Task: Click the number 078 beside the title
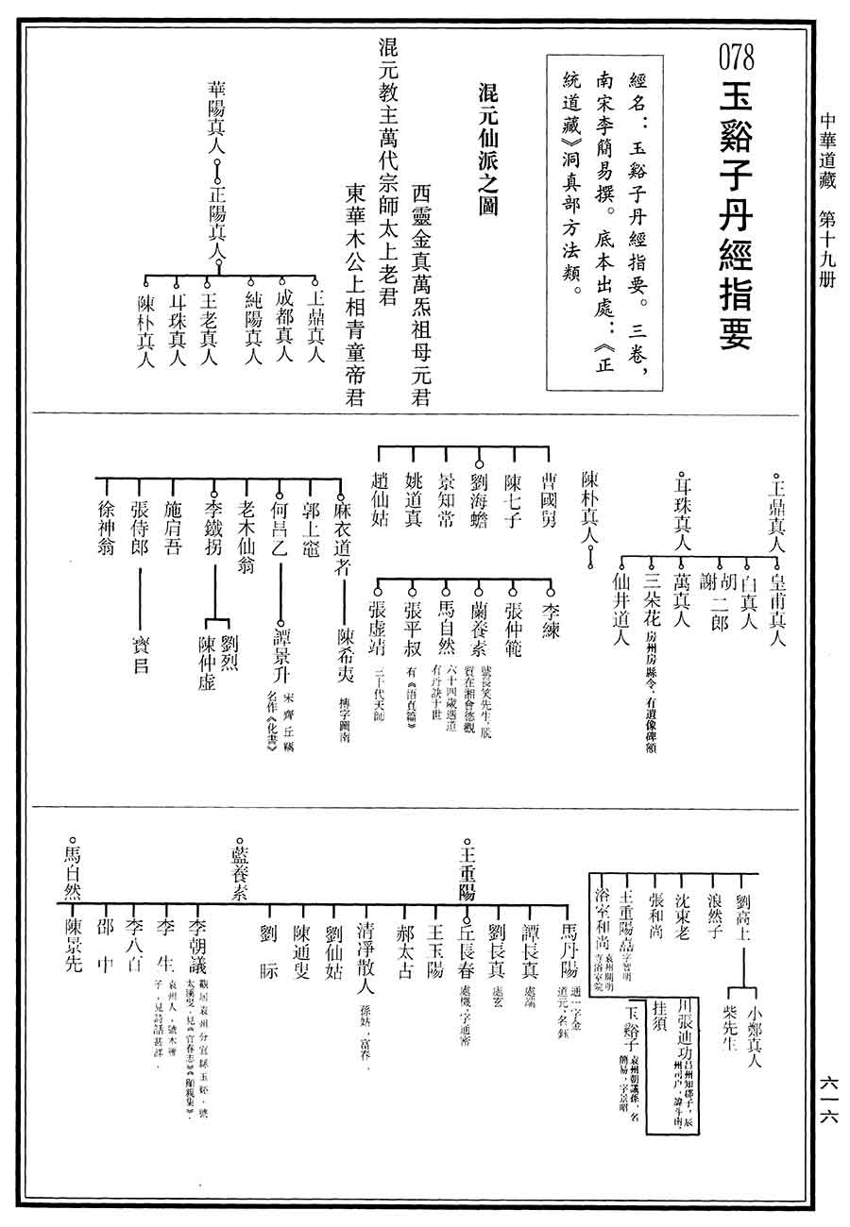(737, 59)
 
